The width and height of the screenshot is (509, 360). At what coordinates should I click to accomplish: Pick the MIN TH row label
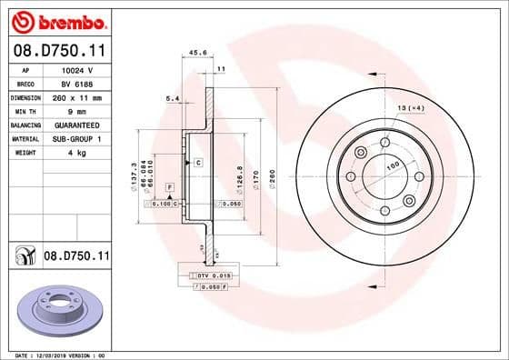(22, 110)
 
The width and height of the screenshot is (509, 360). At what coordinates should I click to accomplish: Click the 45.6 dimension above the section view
(195, 53)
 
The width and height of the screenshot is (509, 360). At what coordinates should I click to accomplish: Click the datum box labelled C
(198, 162)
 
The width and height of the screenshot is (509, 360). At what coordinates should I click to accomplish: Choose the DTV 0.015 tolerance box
(210, 275)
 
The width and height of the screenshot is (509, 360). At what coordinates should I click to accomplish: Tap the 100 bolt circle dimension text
(394, 165)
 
